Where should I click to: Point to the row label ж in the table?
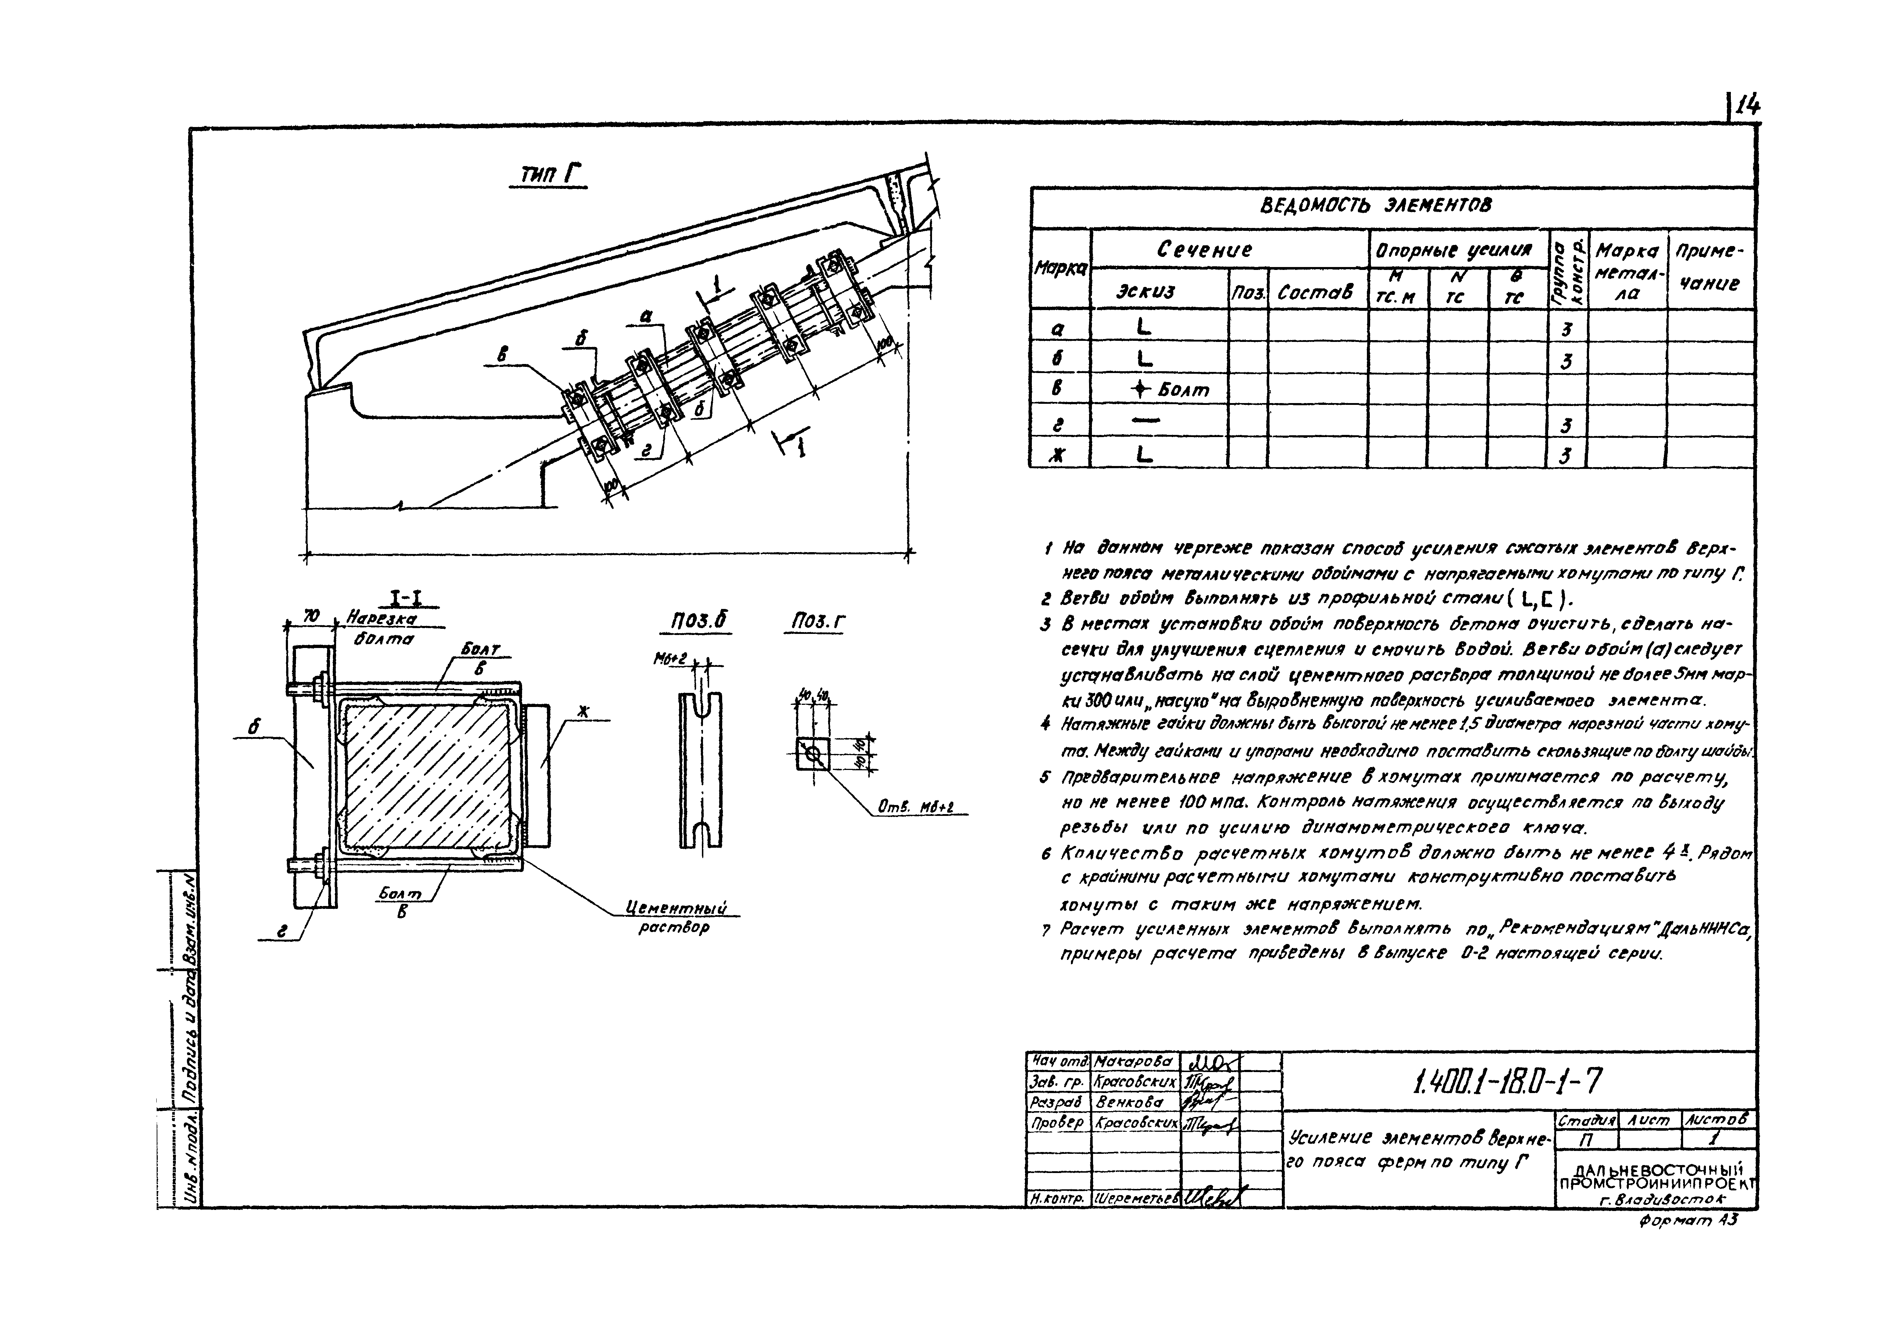(1057, 454)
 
